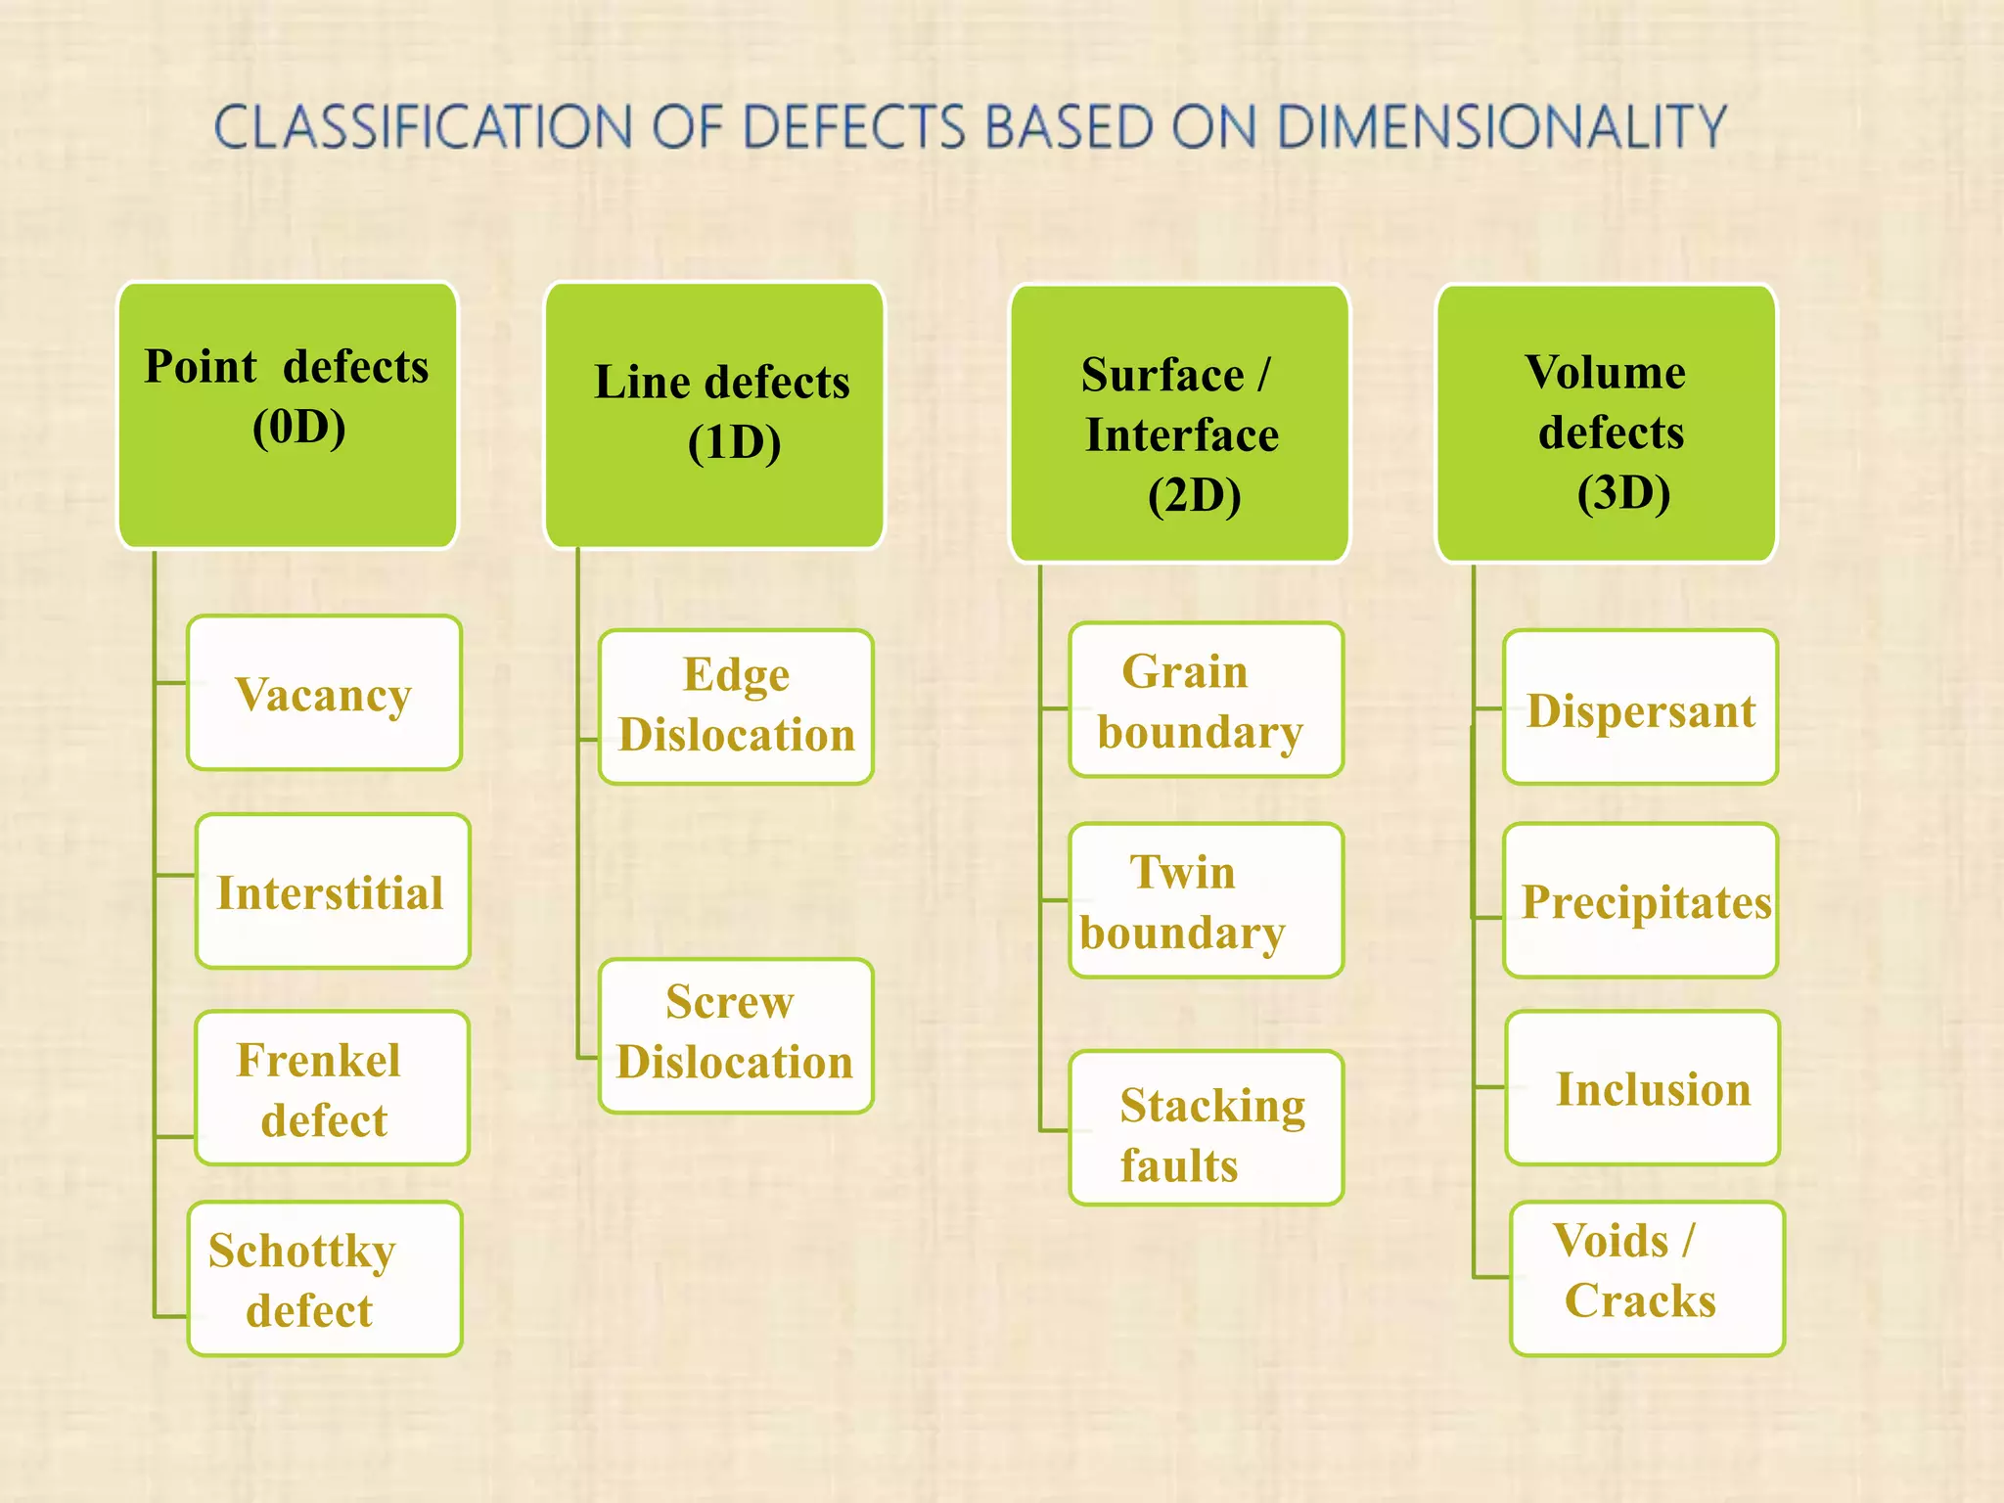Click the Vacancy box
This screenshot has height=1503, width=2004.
click(x=324, y=693)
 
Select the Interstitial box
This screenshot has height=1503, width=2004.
click(x=333, y=891)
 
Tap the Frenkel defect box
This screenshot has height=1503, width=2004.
click(x=332, y=1088)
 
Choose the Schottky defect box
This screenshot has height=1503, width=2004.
click(x=324, y=1279)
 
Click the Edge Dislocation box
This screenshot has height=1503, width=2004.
click(x=736, y=706)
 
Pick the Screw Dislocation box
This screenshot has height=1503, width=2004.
click(x=736, y=1035)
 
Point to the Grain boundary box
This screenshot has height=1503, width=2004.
click(x=1206, y=701)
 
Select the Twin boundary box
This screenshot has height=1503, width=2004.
click(x=1206, y=900)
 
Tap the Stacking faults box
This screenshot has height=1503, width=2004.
click(x=1206, y=1128)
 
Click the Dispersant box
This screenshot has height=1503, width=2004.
click(x=1640, y=707)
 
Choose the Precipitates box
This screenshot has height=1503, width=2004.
click(x=1640, y=900)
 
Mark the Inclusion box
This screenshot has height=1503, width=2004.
click(x=1642, y=1088)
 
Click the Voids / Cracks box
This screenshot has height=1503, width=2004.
click(x=1647, y=1279)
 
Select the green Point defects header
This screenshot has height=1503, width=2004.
click(x=288, y=415)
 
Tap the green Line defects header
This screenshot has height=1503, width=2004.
click(x=714, y=415)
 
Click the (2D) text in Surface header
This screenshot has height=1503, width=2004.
click(x=1194, y=495)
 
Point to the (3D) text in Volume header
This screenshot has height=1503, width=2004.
click(x=1623, y=492)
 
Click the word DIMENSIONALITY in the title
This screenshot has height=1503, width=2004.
click(x=1502, y=127)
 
